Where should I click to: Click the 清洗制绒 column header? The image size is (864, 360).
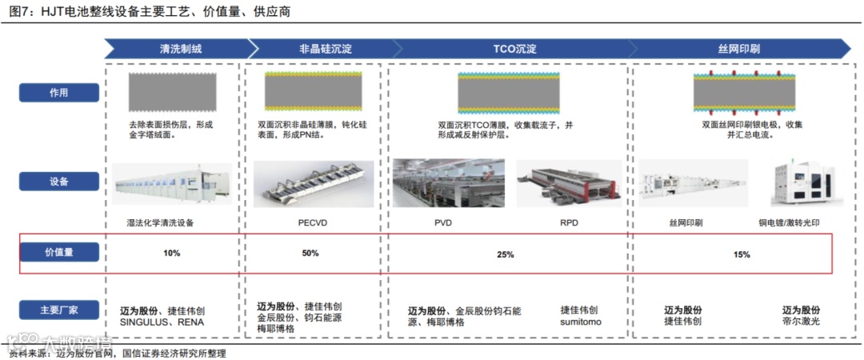[180, 49]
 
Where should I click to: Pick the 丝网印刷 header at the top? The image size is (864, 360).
[738, 49]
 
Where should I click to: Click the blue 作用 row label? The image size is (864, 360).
[58, 92]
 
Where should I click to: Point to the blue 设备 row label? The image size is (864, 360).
[58, 182]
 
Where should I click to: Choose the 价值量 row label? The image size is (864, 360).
[58, 253]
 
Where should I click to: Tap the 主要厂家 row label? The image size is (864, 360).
[58, 310]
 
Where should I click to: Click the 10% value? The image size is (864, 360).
[172, 254]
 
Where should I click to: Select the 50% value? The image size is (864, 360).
[310, 254]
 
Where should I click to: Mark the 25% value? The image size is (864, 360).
[506, 254]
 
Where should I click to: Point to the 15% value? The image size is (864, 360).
[742, 254]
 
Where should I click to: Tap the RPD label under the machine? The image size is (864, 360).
[569, 223]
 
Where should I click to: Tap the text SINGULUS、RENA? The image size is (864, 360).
[162, 322]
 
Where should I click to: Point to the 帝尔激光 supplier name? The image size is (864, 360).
[800, 322]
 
